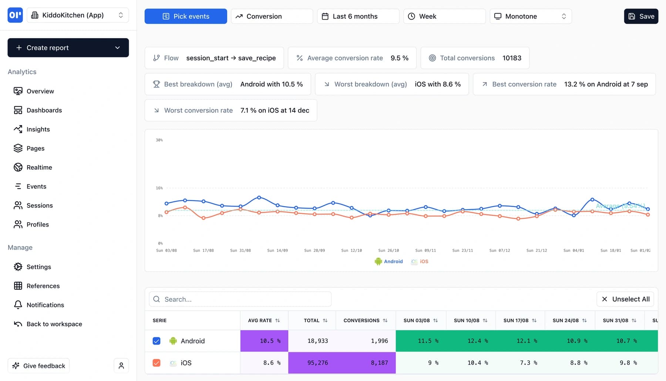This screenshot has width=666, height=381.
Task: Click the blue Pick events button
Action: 186,16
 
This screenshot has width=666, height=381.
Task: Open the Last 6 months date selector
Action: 358,16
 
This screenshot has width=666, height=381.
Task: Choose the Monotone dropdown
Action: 530,16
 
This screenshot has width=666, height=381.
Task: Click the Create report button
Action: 68,48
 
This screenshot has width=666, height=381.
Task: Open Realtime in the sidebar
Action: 39,167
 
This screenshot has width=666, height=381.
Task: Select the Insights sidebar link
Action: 38,129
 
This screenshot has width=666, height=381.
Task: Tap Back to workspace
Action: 54,324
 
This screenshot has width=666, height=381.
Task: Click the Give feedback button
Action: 39,366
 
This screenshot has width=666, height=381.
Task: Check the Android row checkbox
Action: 157,341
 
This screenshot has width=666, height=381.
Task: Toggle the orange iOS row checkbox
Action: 157,363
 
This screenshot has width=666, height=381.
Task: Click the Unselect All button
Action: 625,299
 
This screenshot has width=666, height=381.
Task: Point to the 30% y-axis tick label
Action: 159,140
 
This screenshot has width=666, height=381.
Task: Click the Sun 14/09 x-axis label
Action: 277,251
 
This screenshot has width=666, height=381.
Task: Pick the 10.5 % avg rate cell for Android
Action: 264,341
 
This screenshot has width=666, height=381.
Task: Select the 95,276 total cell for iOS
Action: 317,363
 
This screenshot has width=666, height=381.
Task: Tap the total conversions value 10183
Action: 512,58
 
